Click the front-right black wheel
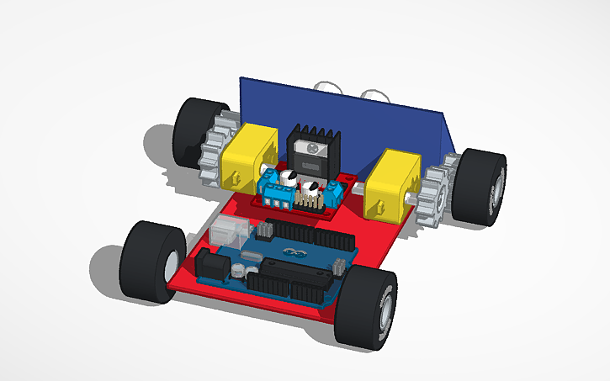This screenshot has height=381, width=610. point(366,305)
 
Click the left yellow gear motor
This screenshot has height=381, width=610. point(249,156)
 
